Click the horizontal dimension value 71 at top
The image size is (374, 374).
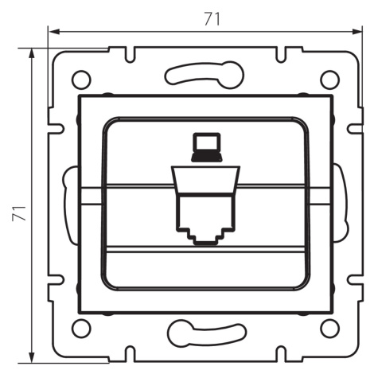pos(212,19)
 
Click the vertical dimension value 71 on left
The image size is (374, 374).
pos(19,213)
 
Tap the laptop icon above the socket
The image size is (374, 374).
pos(207,147)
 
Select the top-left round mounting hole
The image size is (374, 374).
pos(81,80)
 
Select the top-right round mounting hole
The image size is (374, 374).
pos(329,80)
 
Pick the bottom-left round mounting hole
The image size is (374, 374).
pos(81,328)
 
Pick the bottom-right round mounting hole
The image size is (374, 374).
pos(329,328)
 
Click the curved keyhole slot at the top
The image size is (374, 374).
pos(205,74)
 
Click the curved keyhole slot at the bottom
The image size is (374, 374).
pos(207,333)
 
